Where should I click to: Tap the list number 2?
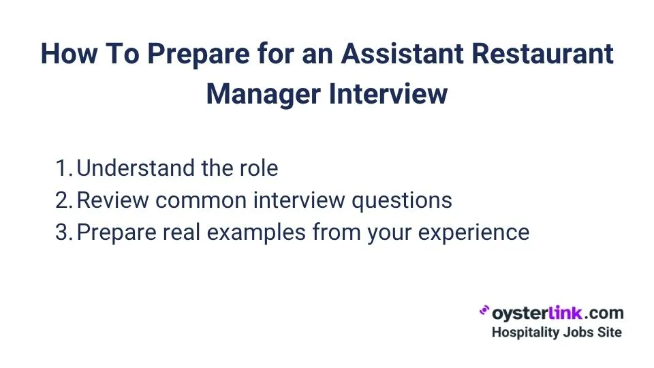click(63, 200)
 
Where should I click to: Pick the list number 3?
click(63, 232)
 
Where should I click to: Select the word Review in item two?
click(112, 200)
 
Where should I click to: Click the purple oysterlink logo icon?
click(485, 311)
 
